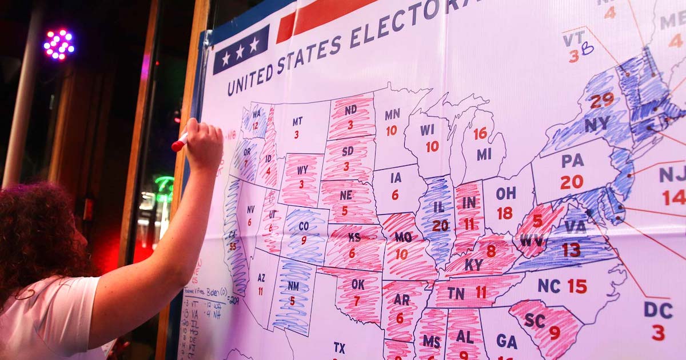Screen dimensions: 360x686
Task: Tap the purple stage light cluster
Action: point(59,44)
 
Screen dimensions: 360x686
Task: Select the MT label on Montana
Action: point(297,121)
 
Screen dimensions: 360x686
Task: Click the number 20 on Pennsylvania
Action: point(571,182)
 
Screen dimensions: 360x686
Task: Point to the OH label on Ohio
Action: point(505,193)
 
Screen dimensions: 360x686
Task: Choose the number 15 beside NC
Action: point(577,286)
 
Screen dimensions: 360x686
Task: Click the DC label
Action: point(658,310)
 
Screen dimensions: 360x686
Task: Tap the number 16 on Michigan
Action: point(480,133)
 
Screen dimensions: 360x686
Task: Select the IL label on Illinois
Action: point(439,206)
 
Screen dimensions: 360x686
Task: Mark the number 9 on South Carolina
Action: point(554,332)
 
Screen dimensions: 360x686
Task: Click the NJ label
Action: point(672,174)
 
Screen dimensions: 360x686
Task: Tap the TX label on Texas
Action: point(340,347)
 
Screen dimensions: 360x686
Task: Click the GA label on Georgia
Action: point(506,341)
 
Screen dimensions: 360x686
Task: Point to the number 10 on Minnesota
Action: point(391,131)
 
